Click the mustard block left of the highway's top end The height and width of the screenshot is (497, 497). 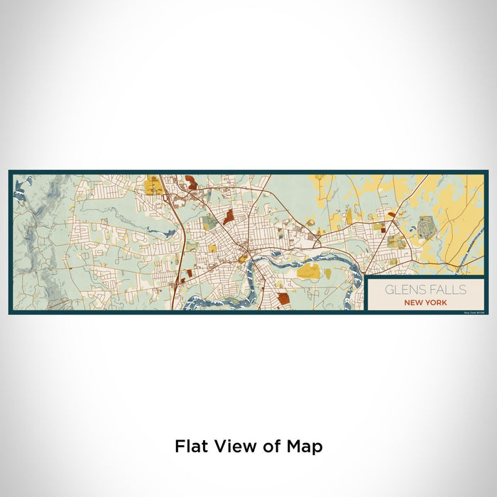(x=152, y=187)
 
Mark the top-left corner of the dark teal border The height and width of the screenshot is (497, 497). (x=10, y=171)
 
